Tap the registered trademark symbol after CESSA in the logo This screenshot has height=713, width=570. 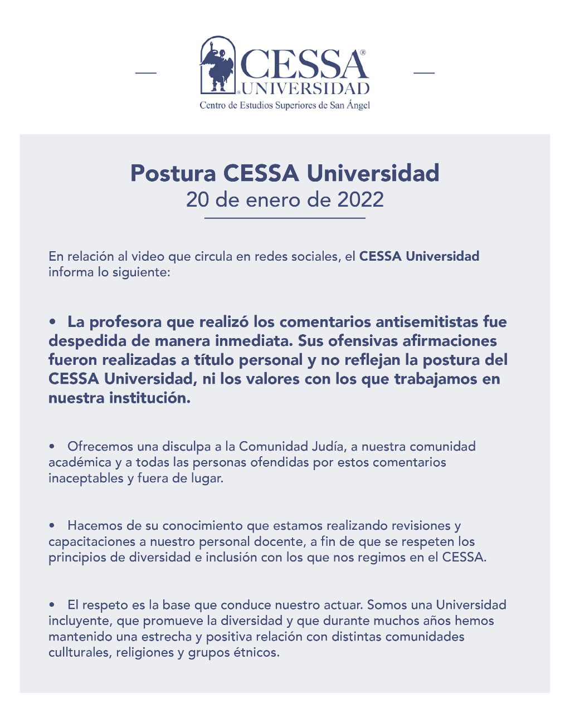click(x=363, y=52)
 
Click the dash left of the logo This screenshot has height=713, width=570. click(x=146, y=72)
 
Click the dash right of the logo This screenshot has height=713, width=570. click(x=423, y=72)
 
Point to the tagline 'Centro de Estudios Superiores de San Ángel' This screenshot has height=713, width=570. click(x=285, y=105)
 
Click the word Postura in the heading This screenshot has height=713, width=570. click(x=173, y=173)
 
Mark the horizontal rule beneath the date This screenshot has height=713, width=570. click(x=285, y=218)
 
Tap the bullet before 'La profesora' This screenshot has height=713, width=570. click(x=53, y=322)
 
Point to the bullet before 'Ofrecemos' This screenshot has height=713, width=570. click(x=53, y=447)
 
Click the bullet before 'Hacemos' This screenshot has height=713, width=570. click(x=53, y=526)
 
